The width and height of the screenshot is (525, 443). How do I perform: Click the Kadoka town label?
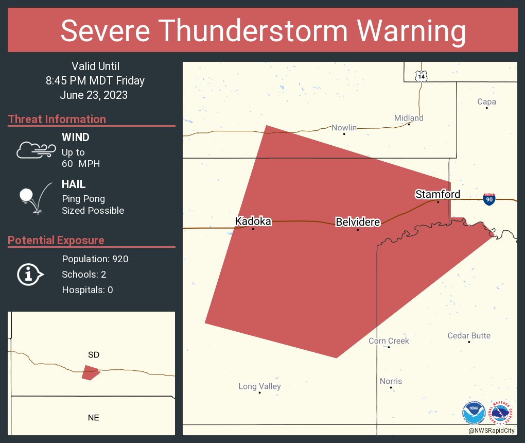pyautogui.click(x=253, y=221)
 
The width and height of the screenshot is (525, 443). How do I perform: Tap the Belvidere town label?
pyautogui.click(x=358, y=222)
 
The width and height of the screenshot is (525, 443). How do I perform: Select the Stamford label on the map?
pyautogui.click(x=437, y=194)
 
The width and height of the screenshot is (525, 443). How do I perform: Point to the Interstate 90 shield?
pyautogui.click(x=489, y=200)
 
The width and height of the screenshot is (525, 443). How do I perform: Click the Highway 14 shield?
pyautogui.click(x=422, y=76)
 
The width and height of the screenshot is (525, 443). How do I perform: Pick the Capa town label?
pyautogui.click(x=486, y=101)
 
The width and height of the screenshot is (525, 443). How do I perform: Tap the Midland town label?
pyautogui.click(x=409, y=118)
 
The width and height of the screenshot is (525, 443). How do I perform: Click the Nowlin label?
pyautogui.click(x=344, y=127)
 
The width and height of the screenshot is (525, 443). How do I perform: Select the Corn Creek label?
pyautogui.click(x=389, y=340)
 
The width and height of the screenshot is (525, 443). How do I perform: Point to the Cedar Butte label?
pyautogui.click(x=469, y=335)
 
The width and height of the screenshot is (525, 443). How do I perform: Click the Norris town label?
pyautogui.click(x=391, y=381)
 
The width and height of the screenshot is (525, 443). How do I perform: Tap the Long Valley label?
pyautogui.click(x=259, y=386)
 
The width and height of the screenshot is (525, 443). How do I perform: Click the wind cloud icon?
pyautogui.click(x=36, y=150)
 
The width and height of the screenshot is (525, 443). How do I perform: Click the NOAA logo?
pyautogui.click(x=474, y=413)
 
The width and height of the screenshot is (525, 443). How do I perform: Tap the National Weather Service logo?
pyautogui.click(x=501, y=413)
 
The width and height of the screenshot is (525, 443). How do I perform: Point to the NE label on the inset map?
pyautogui.click(x=93, y=418)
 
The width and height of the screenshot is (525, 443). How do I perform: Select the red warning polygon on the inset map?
pyautogui.click(x=90, y=372)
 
